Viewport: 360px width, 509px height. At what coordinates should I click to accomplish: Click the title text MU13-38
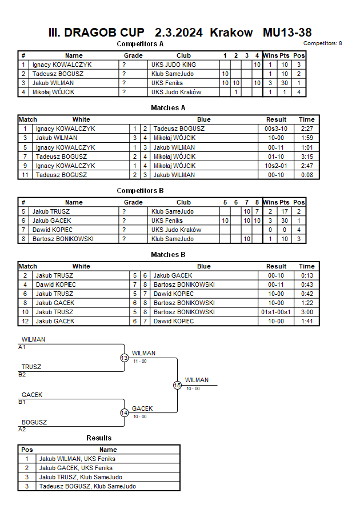pos(287,33)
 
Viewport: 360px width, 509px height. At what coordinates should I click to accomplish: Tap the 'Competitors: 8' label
pos(323,43)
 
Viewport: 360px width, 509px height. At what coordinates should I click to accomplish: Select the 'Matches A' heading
pos(168,108)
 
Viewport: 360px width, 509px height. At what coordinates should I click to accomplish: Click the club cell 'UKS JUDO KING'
pos(173,65)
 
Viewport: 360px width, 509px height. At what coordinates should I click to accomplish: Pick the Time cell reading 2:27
pos(306,129)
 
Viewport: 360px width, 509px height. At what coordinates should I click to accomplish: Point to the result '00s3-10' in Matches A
pos(276,129)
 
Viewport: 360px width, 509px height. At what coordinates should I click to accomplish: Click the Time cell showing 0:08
pos(306,175)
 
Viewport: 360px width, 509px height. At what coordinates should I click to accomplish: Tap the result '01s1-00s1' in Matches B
pos(276,312)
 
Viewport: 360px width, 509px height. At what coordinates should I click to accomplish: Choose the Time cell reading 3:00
pos(306,312)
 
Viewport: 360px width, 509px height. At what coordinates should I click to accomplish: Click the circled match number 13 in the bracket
pos(124,358)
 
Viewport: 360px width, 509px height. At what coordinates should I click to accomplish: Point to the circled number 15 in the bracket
pos(177,386)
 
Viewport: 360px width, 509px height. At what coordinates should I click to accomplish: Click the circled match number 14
pos(124,413)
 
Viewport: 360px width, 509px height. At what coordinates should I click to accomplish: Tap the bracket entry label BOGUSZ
pos(34,422)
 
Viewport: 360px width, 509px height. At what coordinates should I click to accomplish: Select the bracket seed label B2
pos(22,375)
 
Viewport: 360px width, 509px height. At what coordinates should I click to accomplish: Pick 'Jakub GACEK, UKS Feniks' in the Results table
pos(75,468)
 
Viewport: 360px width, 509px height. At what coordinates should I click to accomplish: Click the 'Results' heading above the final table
pos(99,438)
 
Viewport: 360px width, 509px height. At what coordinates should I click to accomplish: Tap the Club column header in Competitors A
pos(183,55)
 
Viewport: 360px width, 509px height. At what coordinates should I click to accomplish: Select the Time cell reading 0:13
pos(306,275)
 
